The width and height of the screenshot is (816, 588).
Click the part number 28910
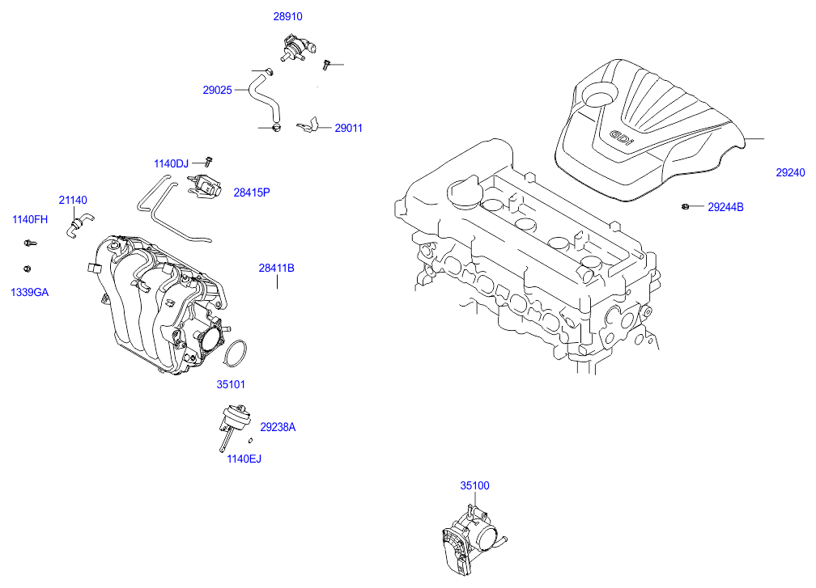[x=287, y=16]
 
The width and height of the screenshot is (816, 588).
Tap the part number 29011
[x=349, y=128]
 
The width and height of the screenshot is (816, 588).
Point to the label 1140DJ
[x=171, y=164]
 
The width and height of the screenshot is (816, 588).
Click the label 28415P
[x=252, y=192]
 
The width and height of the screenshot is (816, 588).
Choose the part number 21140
[x=73, y=200]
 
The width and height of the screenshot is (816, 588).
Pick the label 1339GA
[x=30, y=292]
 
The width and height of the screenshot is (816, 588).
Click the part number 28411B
[x=277, y=268]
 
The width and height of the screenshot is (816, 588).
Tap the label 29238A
[x=278, y=427]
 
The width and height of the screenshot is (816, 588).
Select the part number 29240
[x=790, y=172]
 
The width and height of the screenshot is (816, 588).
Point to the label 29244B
[x=725, y=207]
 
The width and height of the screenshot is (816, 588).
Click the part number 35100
[x=475, y=486]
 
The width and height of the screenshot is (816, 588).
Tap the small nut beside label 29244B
[x=685, y=207]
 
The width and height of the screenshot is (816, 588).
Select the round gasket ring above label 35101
[x=235, y=353]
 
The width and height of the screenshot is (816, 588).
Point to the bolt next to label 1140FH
[x=30, y=242]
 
